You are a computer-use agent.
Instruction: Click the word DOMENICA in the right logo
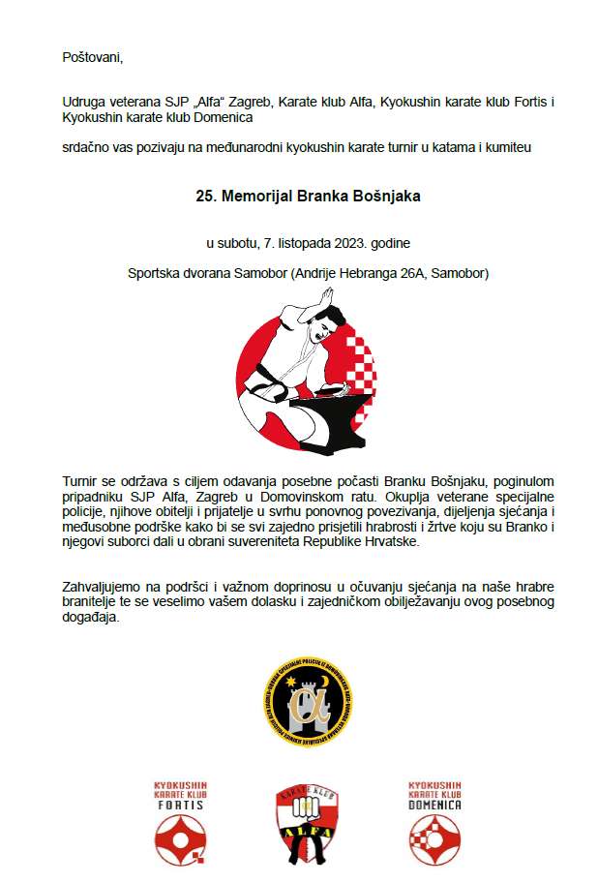(434, 805)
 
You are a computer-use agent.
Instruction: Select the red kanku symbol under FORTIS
(181, 837)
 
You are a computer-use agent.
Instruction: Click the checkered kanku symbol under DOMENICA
(434, 837)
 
